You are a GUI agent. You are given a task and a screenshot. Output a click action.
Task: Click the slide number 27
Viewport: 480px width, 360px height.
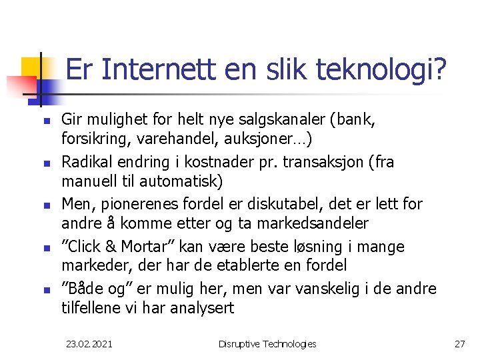coord(459,344)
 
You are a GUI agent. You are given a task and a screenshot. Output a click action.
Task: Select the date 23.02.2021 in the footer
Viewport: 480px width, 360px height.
coord(89,344)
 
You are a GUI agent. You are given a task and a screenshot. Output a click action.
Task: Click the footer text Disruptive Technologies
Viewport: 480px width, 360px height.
coord(267,344)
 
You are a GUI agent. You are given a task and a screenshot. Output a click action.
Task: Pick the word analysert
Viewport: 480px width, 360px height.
coord(199,307)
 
